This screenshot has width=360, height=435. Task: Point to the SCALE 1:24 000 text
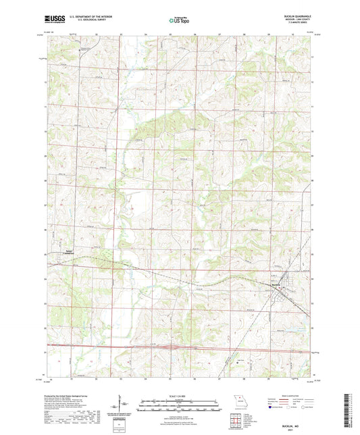[179, 396]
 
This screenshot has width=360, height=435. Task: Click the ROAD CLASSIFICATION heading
[289, 396]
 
